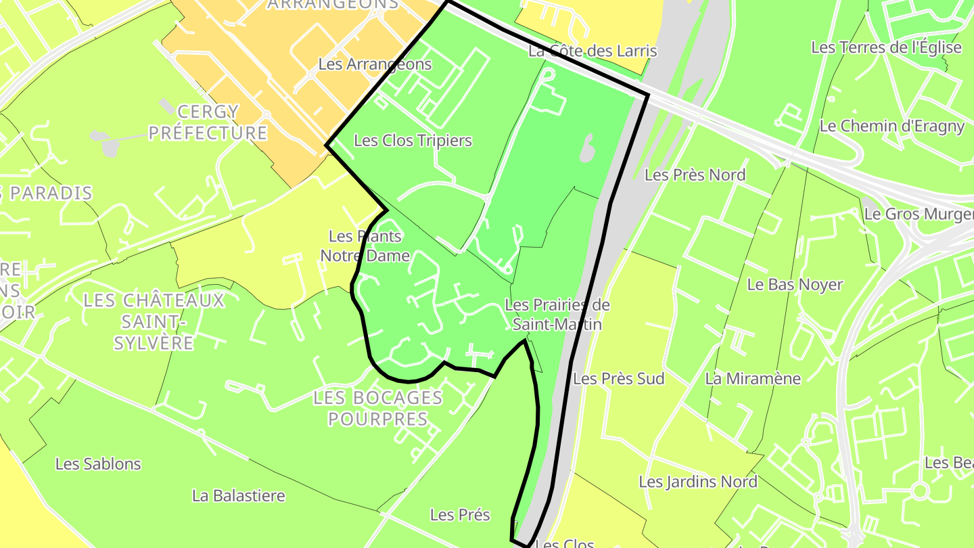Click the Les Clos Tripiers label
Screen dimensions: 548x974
point(413,141)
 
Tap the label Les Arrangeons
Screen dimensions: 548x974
point(375,64)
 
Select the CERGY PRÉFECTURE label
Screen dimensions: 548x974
point(208,122)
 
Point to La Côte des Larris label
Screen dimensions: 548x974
point(593,51)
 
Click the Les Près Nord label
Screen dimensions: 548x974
point(695,175)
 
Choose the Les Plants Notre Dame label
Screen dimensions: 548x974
point(365,246)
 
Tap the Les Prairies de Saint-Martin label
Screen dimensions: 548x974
point(557,315)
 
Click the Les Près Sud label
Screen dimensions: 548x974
point(618,378)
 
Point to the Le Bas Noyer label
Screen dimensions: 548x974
point(795,284)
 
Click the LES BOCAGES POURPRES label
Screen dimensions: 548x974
point(378,408)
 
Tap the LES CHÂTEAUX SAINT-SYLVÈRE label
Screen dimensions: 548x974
point(154,321)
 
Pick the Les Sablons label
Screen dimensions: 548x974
point(98,463)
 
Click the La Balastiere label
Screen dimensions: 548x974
point(239,496)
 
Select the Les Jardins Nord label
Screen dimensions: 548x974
point(698,482)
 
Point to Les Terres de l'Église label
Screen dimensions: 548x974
point(886,47)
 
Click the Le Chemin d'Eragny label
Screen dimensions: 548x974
point(891,126)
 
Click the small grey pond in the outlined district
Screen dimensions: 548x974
point(586,147)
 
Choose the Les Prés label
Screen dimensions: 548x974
point(460,515)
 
